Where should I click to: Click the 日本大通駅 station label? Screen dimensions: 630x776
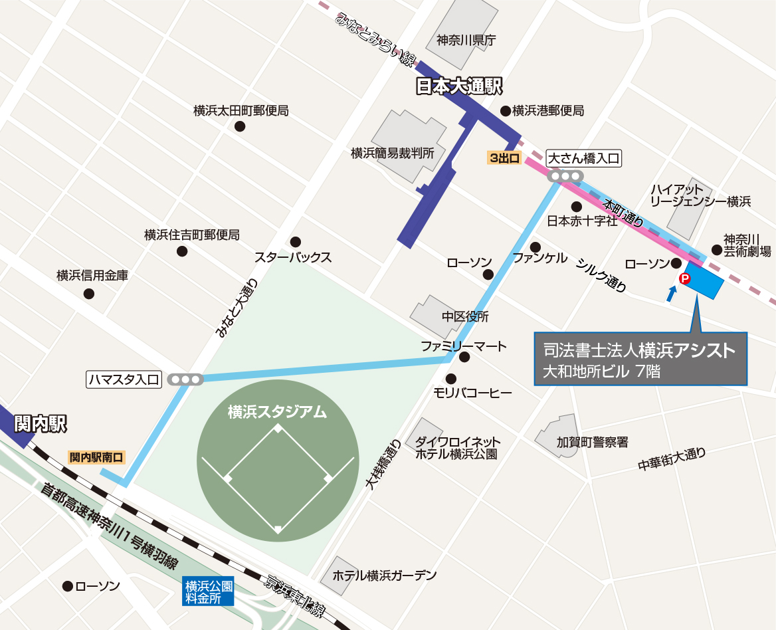(458, 86)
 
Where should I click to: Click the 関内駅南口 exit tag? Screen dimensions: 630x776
(97, 457)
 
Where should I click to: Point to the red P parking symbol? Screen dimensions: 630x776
(683, 278)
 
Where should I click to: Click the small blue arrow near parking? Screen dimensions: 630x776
(672, 292)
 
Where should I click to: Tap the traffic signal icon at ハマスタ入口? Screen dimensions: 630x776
(185, 379)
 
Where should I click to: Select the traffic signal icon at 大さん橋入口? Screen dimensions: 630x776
(565, 176)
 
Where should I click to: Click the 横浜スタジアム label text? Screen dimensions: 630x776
(277, 411)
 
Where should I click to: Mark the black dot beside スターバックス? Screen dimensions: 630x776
(296, 241)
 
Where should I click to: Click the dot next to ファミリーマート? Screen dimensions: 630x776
(464, 358)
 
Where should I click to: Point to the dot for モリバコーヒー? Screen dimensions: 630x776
(451, 379)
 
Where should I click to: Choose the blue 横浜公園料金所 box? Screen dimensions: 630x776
(209, 591)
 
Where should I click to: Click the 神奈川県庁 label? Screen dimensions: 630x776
(466, 40)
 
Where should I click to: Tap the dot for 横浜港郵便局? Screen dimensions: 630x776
(505, 110)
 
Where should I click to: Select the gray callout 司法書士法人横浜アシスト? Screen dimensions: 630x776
(640, 359)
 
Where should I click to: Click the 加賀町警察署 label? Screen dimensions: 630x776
(592, 441)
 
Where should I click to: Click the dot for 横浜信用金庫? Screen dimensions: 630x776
(88, 294)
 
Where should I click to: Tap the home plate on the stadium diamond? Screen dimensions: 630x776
(278, 529)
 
